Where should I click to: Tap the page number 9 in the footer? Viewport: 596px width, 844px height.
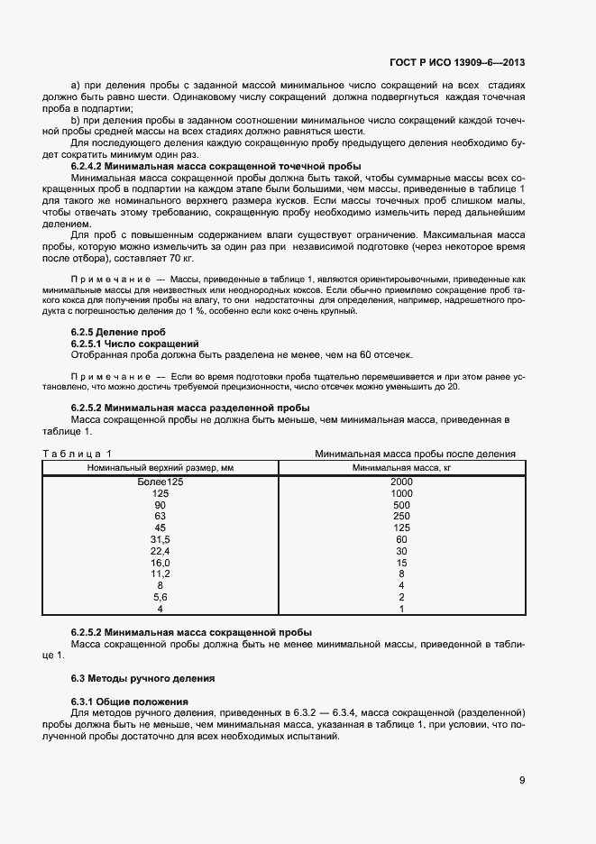tap(522, 780)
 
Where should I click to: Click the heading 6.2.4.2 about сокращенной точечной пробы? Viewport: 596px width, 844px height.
tap(215, 166)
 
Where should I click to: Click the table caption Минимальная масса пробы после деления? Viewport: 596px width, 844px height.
tap(415, 454)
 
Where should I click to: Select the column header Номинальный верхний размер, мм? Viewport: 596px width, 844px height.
tap(160, 467)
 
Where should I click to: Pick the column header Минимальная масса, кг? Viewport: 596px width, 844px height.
tap(401, 467)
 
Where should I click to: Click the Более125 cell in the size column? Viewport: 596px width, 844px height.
tap(160, 482)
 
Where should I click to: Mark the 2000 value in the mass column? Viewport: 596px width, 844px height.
tap(401, 482)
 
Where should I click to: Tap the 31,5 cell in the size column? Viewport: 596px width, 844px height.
tap(160, 539)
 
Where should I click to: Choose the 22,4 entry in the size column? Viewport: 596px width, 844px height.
tap(160, 551)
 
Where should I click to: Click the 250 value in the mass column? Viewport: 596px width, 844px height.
tap(401, 517)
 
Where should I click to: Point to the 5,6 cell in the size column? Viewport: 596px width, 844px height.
tap(160, 597)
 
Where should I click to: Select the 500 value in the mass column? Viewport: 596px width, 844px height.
tap(401, 505)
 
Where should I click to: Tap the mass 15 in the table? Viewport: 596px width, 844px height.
tap(401, 563)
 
